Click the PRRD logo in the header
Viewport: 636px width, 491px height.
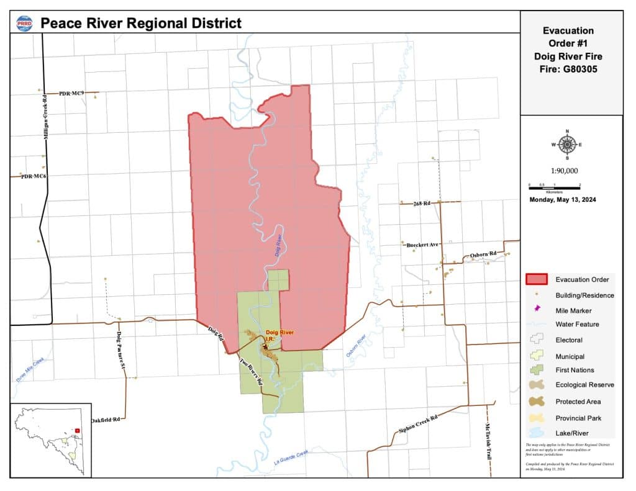coord(25,23)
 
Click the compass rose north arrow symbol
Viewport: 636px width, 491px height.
coord(567,144)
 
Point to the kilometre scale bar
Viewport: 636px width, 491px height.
coord(554,186)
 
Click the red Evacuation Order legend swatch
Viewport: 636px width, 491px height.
coord(537,279)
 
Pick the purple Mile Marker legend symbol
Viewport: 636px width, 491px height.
coord(537,309)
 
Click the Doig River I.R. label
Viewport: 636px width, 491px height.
coord(278,336)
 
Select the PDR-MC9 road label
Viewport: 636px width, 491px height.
coord(71,93)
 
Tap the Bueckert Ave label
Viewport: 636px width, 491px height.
coord(423,245)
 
